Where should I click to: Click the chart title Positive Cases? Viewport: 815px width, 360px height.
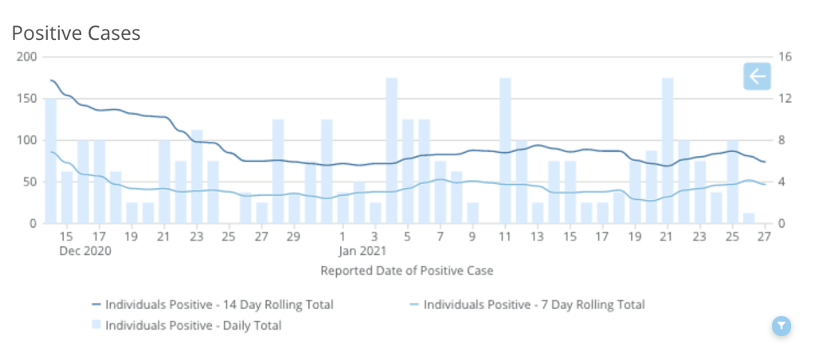[x=76, y=33]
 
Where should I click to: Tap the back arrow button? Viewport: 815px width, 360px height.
[x=756, y=76]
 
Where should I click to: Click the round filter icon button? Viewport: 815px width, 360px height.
[x=782, y=325]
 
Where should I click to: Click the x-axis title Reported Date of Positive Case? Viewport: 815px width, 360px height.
[x=406, y=271]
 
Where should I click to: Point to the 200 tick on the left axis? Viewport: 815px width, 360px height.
[x=26, y=57]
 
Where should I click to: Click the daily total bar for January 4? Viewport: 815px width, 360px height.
[x=391, y=151]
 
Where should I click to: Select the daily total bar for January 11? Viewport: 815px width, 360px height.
[x=505, y=151]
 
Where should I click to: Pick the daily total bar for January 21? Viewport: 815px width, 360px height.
[x=668, y=151]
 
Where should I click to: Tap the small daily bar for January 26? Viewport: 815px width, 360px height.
[x=749, y=218]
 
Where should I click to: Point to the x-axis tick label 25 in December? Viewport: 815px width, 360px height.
[x=229, y=237]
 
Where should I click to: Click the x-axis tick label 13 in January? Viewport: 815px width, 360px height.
[x=538, y=237]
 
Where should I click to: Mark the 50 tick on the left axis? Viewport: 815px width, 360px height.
[x=29, y=182]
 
